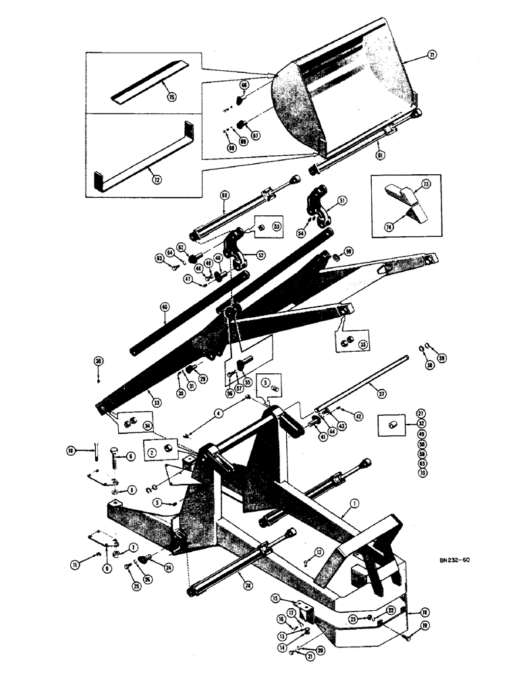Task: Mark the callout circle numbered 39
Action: (441, 358)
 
